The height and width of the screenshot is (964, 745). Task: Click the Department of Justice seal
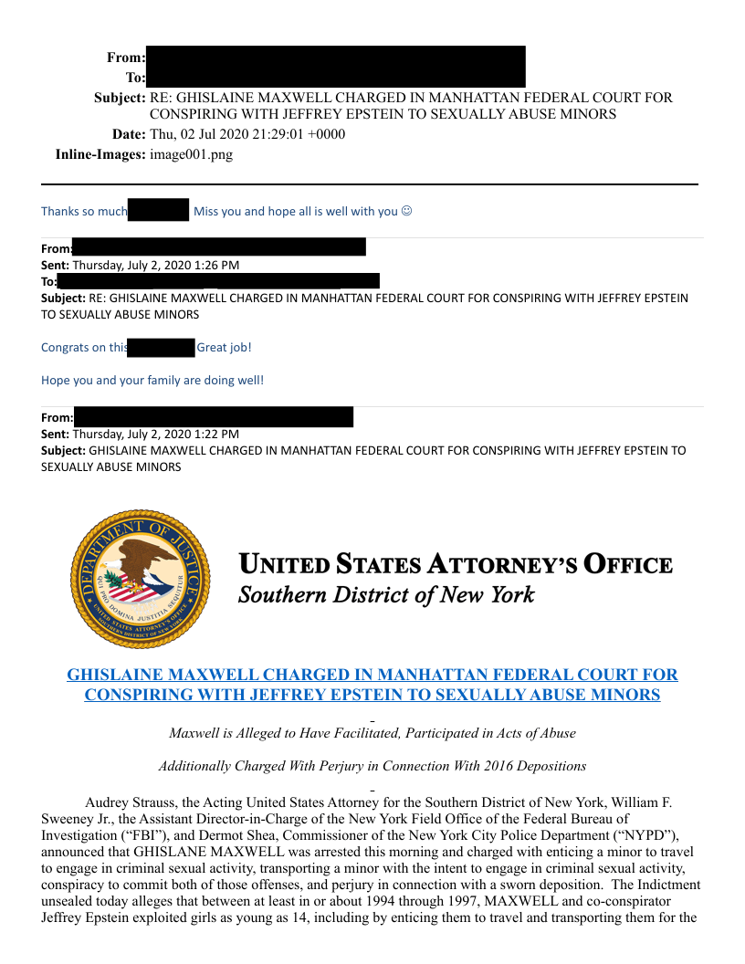pyautogui.click(x=139, y=579)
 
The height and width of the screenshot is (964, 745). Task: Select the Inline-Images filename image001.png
pyautogui.click(x=191, y=154)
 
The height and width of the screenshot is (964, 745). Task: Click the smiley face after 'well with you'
pyautogui.click(x=407, y=211)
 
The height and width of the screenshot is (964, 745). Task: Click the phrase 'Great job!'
pyautogui.click(x=224, y=347)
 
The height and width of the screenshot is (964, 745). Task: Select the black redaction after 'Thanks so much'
pyautogui.click(x=158, y=211)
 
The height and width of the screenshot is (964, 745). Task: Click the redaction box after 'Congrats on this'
pyautogui.click(x=163, y=347)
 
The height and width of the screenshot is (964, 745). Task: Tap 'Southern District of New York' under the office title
pyautogui.click(x=385, y=595)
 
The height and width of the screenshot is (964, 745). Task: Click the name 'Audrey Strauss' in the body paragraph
pyautogui.click(x=131, y=802)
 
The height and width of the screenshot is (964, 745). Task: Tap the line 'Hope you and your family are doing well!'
pyautogui.click(x=152, y=380)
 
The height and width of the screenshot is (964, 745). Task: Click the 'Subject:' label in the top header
pyautogui.click(x=120, y=98)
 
